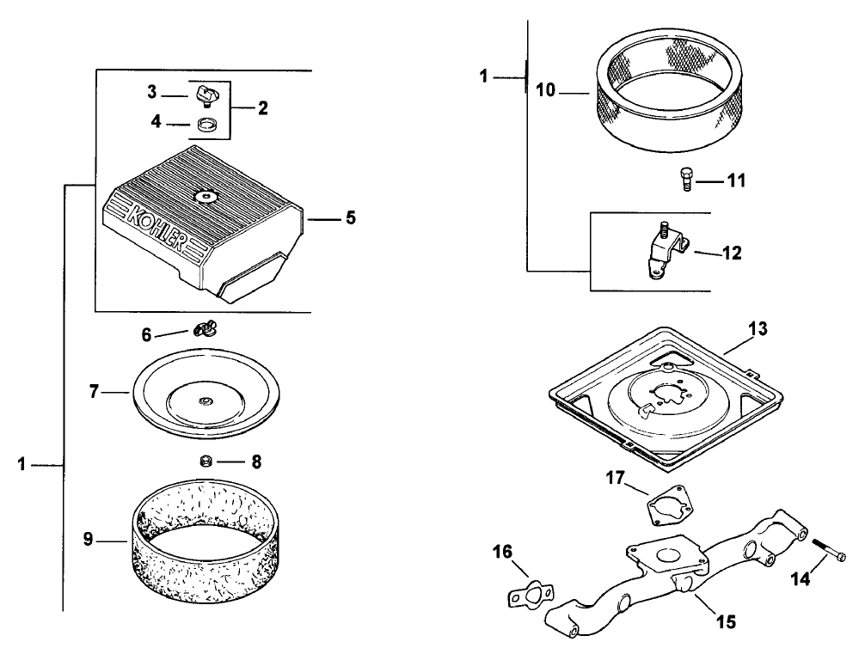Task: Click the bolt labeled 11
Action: click(684, 181)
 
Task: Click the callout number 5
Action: click(350, 218)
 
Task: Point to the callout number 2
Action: click(262, 108)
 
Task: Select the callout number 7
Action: click(94, 392)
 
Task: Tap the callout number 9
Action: click(87, 540)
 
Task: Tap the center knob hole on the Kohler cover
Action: click(207, 196)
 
